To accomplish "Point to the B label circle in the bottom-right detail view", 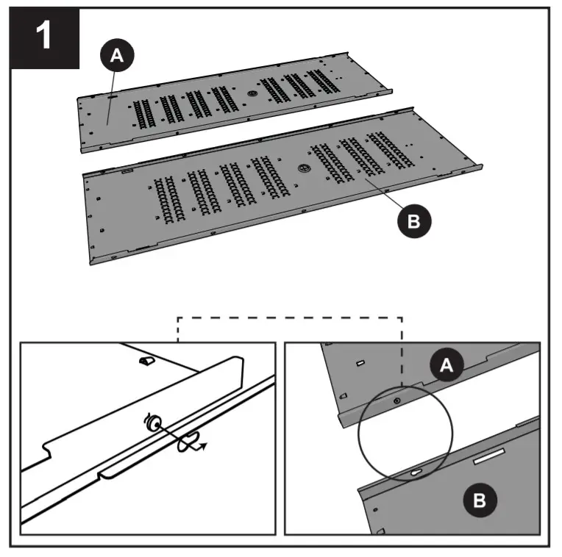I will [479, 501].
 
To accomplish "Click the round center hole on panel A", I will [252, 94].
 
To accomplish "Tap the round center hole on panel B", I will [302, 168].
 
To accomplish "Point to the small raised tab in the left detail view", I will [146, 362].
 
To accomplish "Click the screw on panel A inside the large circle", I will [396, 401].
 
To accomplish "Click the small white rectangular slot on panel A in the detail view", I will [360, 363].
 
